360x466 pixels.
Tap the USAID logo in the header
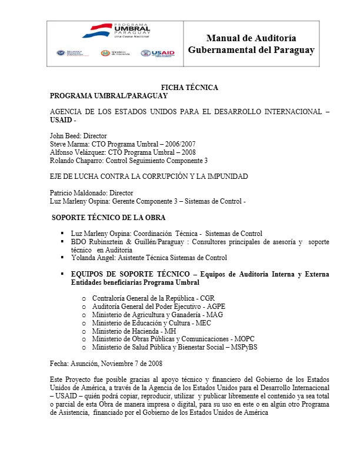[x=158, y=54]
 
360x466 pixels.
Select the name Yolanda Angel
[x=93, y=258]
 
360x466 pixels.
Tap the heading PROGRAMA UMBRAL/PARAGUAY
[x=109, y=96]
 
